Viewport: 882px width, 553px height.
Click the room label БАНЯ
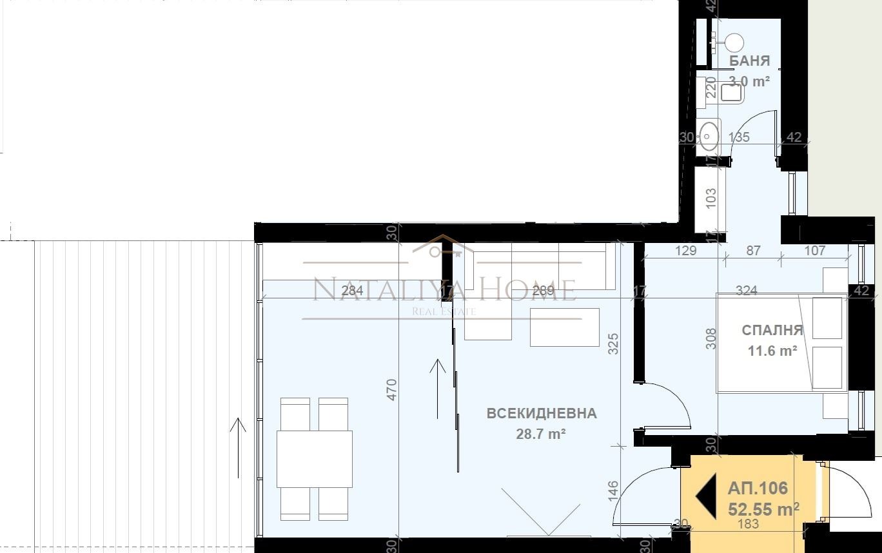click(749, 61)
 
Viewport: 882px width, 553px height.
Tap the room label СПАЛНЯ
click(772, 331)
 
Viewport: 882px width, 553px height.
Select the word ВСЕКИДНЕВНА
click(542, 414)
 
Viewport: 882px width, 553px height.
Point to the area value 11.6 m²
click(772, 351)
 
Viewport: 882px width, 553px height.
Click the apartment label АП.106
click(758, 489)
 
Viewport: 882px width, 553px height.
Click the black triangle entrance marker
click(707, 496)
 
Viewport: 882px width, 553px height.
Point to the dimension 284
click(353, 291)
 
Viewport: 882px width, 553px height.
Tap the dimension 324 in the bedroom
click(746, 291)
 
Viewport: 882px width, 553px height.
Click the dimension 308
click(711, 338)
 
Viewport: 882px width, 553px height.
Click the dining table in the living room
click(315, 458)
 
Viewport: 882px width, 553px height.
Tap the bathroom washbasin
click(709, 135)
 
